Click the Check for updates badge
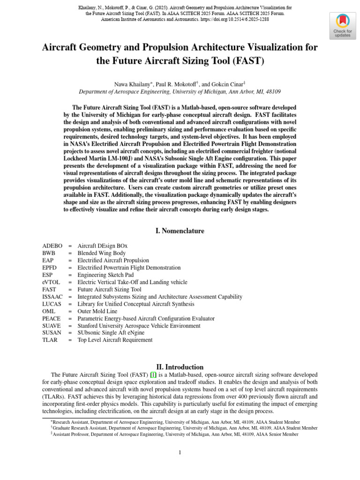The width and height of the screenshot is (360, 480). click(342, 25)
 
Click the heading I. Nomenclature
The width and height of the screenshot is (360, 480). click(180, 231)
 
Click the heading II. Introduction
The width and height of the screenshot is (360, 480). click(180, 367)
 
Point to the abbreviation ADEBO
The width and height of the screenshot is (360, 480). click(52, 246)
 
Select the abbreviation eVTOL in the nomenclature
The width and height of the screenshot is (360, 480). click(51, 282)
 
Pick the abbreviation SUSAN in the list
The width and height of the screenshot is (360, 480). click(52, 333)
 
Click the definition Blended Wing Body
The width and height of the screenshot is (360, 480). click(102, 253)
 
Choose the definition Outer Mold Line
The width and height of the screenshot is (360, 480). click(97, 311)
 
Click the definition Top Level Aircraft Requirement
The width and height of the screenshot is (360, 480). click(115, 340)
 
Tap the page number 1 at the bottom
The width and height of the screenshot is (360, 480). click(180, 452)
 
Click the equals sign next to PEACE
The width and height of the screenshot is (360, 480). click(70, 318)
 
